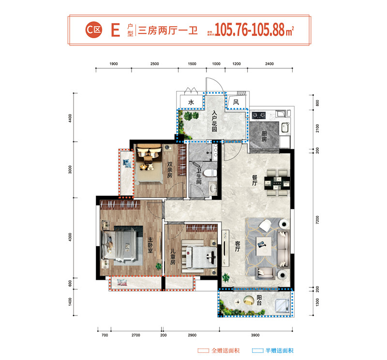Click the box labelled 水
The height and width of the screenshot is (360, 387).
[191, 103]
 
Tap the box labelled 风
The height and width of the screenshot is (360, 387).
[237, 102]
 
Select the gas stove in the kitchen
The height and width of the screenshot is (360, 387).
[258, 115]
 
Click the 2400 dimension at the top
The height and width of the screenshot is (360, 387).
[269, 64]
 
